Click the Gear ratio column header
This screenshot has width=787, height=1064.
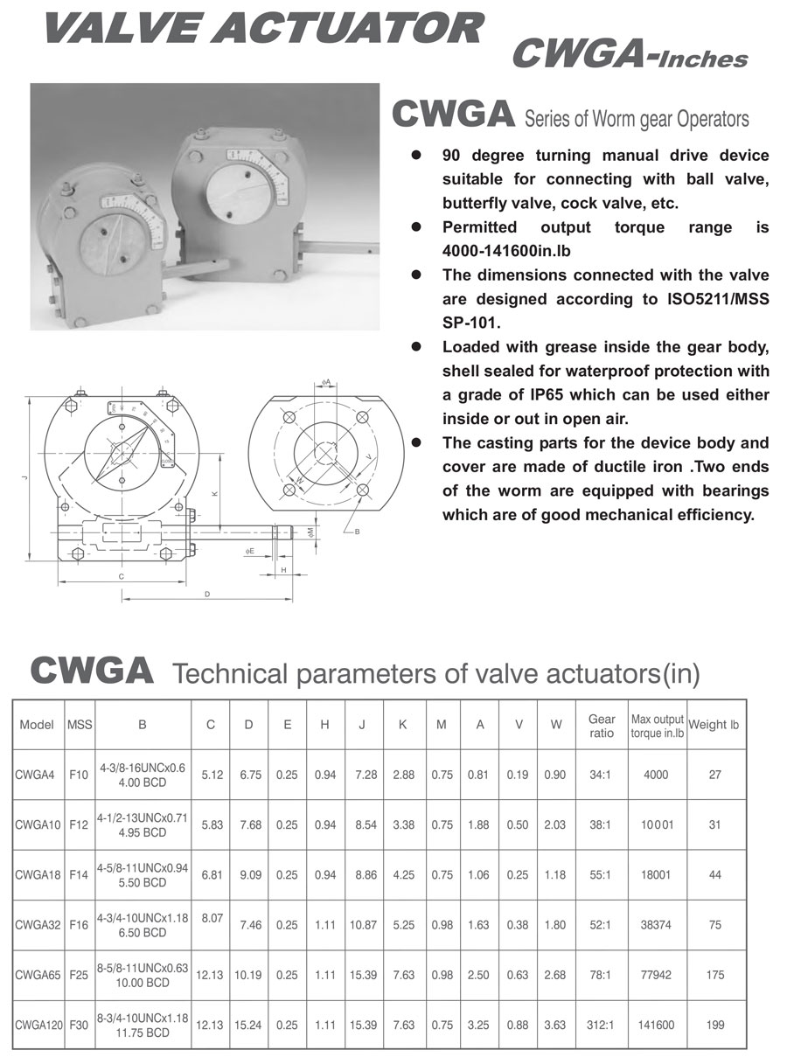click(602, 726)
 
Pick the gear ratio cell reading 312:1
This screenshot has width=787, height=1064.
click(602, 1026)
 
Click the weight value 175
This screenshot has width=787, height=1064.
click(714, 975)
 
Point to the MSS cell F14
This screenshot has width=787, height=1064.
click(78, 874)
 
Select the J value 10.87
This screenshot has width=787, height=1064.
click(362, 925)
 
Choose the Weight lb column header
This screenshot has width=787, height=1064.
click(714, 725)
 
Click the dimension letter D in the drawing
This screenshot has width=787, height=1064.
click(206, 595)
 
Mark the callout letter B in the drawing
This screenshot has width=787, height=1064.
click(358, 531)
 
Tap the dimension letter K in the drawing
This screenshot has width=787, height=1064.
click(214, 494)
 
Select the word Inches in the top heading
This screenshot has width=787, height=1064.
click(704, 59)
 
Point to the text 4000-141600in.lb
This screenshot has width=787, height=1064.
click(509, 250)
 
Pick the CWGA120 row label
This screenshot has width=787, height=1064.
click(38, 1026)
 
